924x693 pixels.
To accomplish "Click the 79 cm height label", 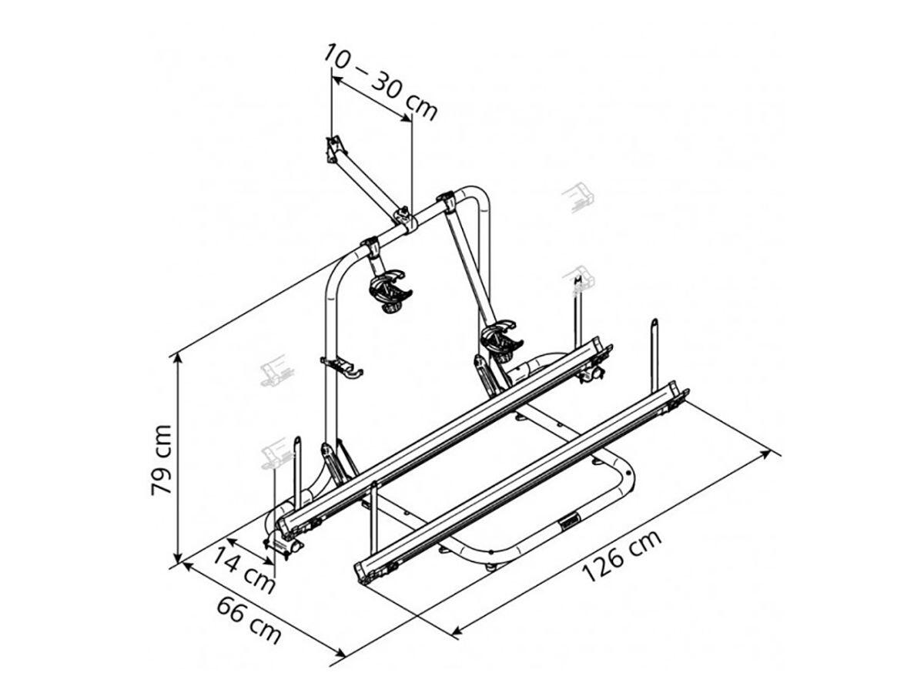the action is point(161,460).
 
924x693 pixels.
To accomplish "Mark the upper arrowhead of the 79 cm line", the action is point(179,359).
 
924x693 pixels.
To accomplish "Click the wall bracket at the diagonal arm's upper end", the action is point(336,149).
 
